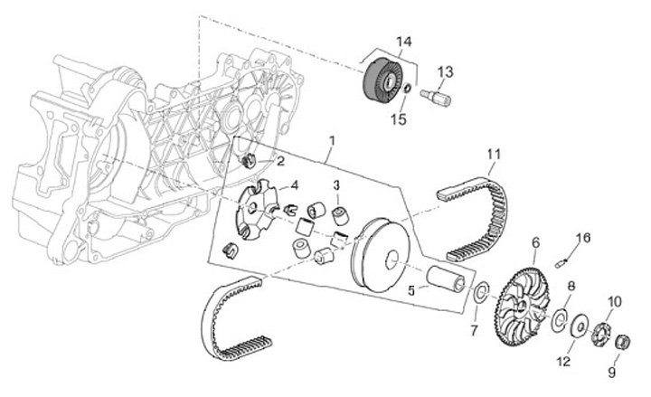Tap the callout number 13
coord(446,71)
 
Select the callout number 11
coord(493,153)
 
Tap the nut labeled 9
coord(621,343)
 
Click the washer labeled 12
coord(577,325)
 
